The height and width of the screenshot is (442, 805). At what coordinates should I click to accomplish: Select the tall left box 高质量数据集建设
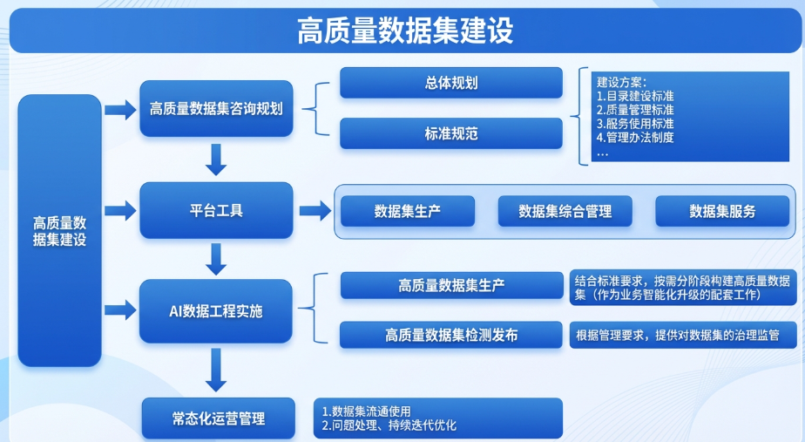point(59,230)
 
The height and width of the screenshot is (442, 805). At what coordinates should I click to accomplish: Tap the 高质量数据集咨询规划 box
point(215,109)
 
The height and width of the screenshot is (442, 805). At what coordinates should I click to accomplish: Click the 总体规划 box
point(450,84)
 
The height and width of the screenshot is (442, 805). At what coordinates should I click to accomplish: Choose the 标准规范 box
point(450,133)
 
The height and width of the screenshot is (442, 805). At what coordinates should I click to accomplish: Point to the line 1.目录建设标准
point(636,95)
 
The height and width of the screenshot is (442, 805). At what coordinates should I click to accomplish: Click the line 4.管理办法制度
point(636,137)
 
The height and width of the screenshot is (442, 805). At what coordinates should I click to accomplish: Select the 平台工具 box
point(215,210)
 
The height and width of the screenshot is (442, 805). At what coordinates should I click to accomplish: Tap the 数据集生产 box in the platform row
point(407,211)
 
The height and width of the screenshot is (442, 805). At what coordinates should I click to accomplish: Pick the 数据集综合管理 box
point(565,211)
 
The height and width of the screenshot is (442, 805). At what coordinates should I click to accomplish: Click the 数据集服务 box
point(722,211)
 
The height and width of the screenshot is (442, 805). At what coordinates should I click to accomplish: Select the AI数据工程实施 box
point(215,310)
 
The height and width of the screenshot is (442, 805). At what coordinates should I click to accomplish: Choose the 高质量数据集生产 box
point(450,285)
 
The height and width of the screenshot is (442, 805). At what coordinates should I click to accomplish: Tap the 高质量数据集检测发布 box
point(450,335)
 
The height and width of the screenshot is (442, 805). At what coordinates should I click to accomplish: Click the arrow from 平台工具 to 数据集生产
point(315,210)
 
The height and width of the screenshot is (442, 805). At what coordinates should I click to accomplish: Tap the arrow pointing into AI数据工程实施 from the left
point(119,309)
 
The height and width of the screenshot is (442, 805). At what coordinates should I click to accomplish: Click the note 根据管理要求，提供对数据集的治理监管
point(676,335)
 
